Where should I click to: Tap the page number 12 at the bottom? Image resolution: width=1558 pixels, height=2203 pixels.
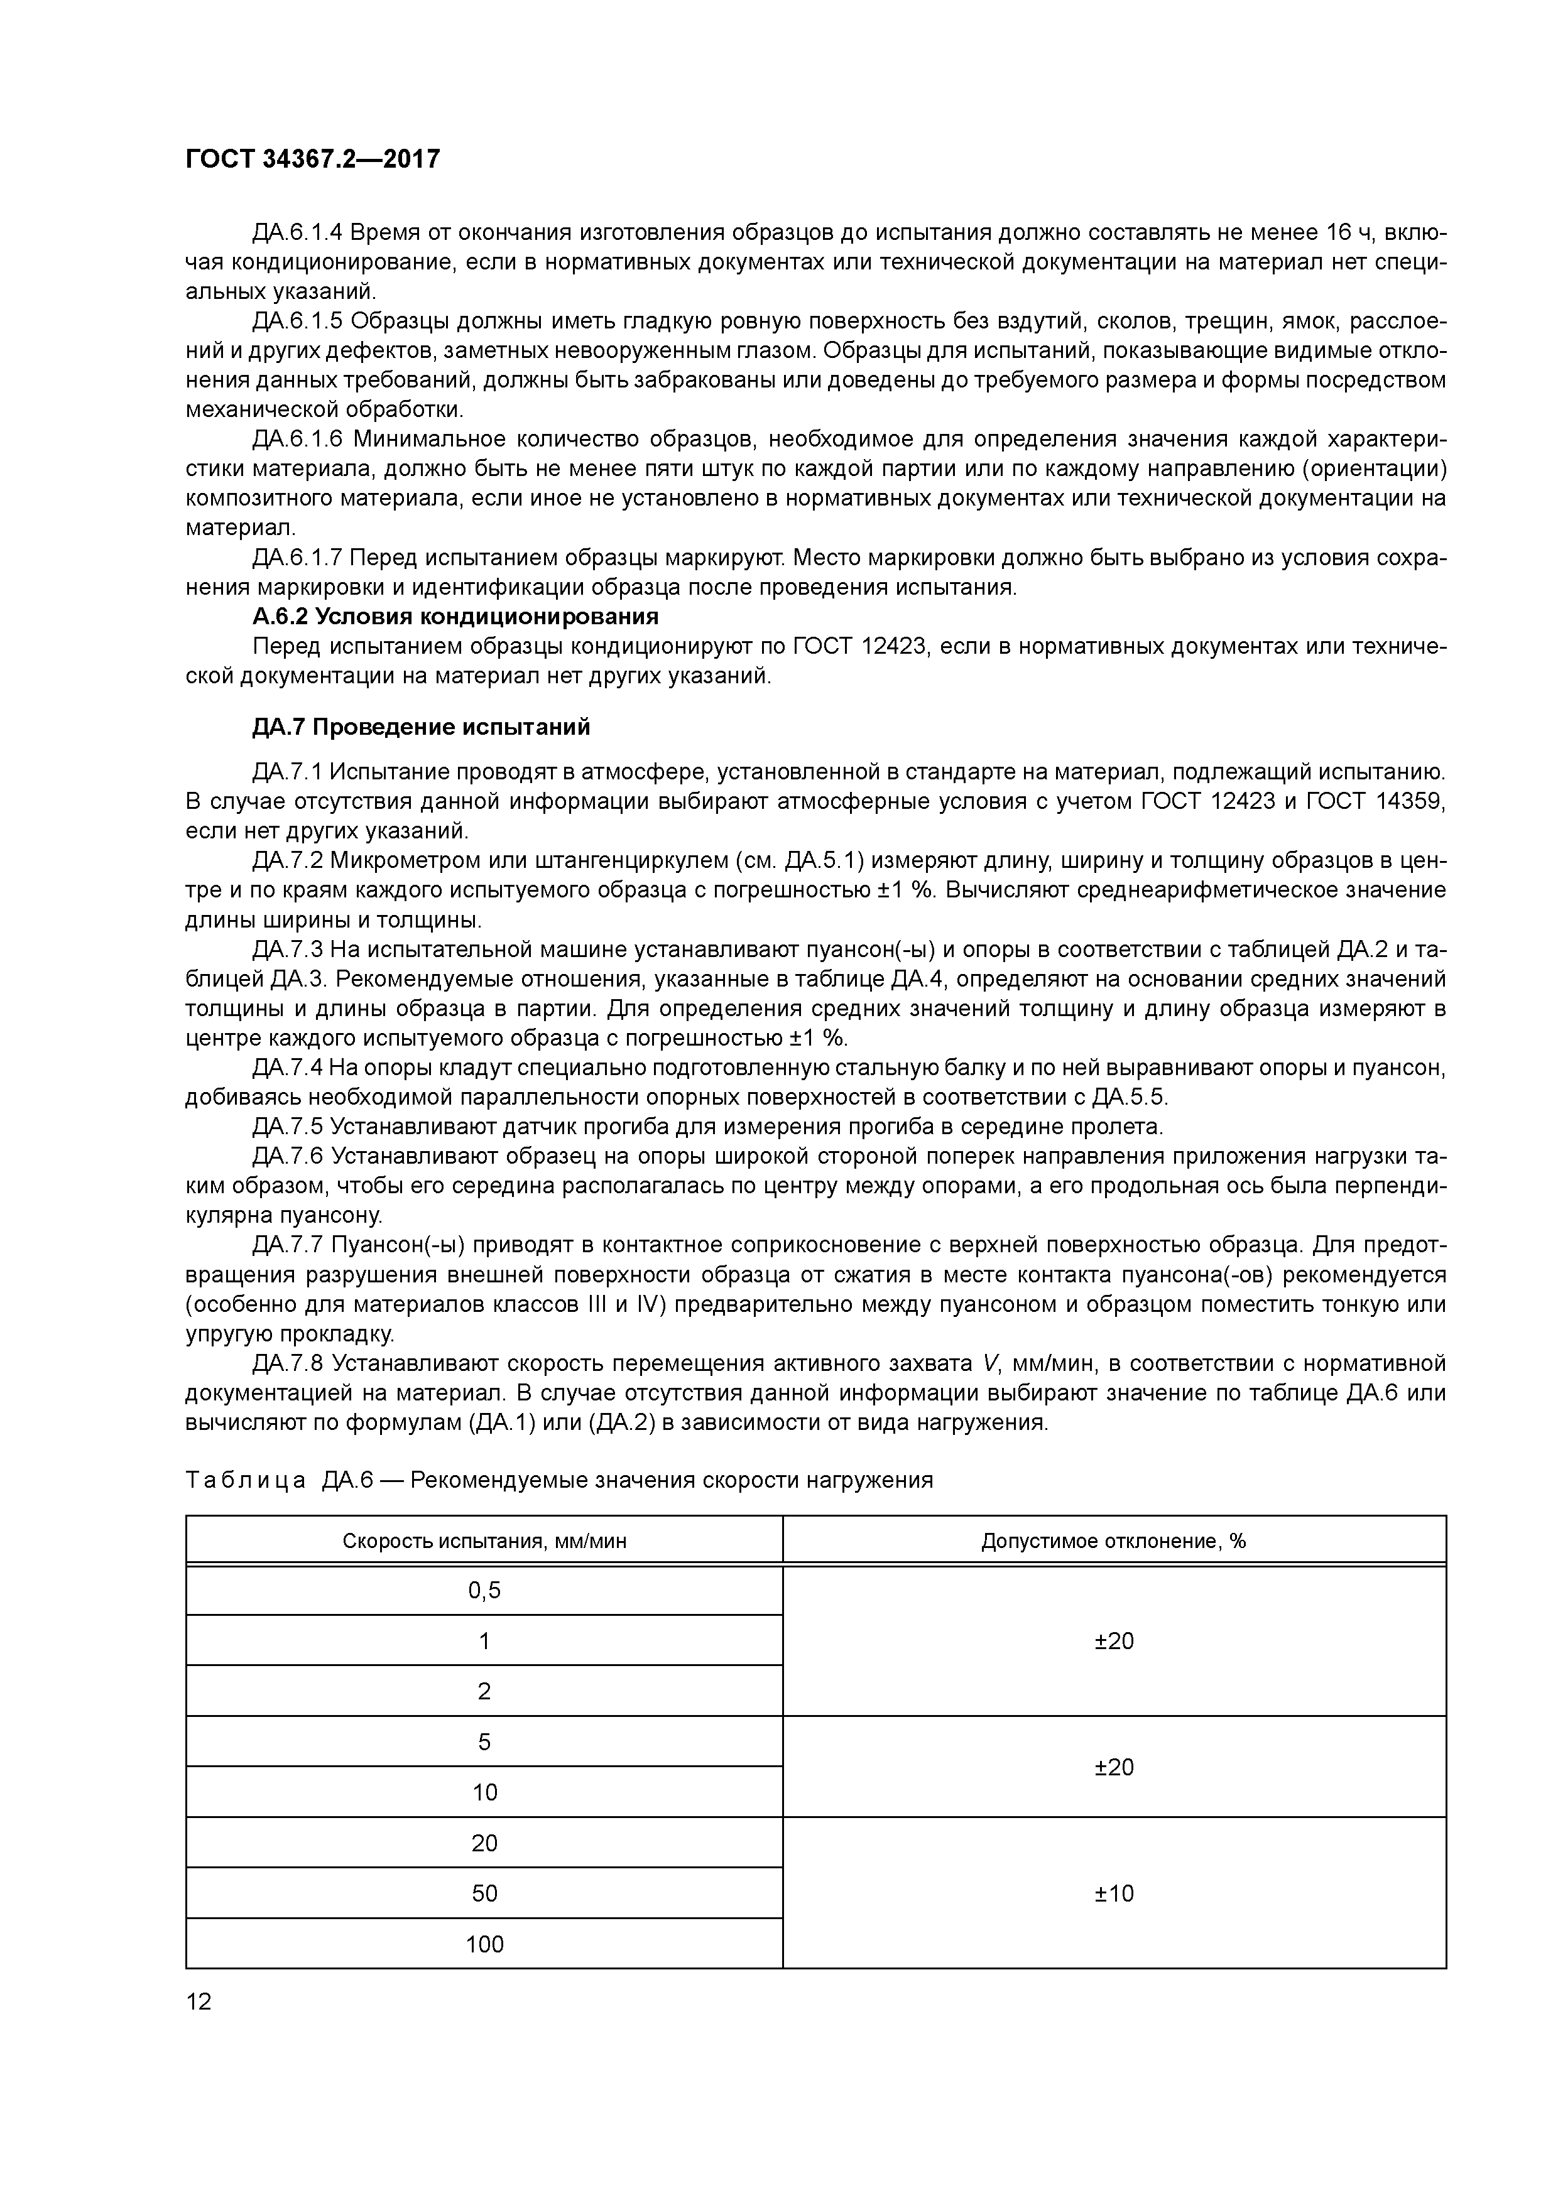click(x=199, y=2001)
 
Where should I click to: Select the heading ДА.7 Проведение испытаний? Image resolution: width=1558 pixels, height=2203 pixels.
click(x=420, y=727)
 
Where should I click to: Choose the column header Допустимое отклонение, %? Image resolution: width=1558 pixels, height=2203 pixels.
click(x=1114, y=1541)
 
